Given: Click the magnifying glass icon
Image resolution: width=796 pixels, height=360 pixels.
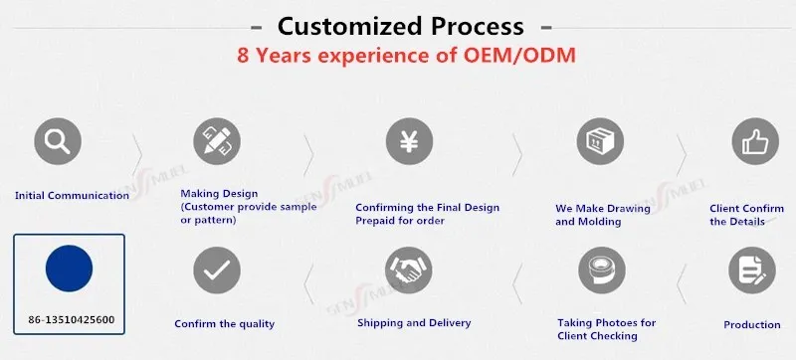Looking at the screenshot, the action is [x=58, y=141].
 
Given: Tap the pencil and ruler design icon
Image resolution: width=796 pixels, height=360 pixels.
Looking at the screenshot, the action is [x=217, y=141].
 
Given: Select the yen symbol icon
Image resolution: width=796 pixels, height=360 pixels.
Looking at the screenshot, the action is [x=409, y=141].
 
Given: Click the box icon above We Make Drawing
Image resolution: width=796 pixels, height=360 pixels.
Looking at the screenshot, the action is [x=600, y=141].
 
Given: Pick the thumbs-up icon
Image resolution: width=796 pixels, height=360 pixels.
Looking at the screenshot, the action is [x=755, y=141].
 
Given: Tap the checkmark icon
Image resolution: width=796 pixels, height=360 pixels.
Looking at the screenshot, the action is [x=217, y=270].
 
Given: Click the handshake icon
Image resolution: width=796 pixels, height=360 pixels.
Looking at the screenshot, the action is [x=409, y=270].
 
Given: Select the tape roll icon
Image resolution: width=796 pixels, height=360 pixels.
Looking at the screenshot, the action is [x=602, y=270].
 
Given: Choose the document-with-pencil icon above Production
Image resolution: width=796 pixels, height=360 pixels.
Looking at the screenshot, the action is [x=752, y=270].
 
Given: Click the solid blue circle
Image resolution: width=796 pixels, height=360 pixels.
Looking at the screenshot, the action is [x=69, y=269].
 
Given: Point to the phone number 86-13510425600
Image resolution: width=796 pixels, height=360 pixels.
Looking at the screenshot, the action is [x=72, y=320].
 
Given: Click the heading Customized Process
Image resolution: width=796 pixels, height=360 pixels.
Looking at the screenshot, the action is [x=401, y=26].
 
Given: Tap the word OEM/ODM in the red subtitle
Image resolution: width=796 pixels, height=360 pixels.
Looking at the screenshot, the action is [x=519, y=56].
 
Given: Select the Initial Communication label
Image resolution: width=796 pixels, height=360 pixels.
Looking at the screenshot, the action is [x=72, y=195].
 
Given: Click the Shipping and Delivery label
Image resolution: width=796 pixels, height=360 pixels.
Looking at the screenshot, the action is [x=414, y=323].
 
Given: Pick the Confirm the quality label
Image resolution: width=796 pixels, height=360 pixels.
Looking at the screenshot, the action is [x=225, y=324].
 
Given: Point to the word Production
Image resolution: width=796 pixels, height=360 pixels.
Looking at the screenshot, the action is [x=752, y=325].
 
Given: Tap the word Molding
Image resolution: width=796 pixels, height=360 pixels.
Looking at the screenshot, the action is [x=603, y=222].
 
